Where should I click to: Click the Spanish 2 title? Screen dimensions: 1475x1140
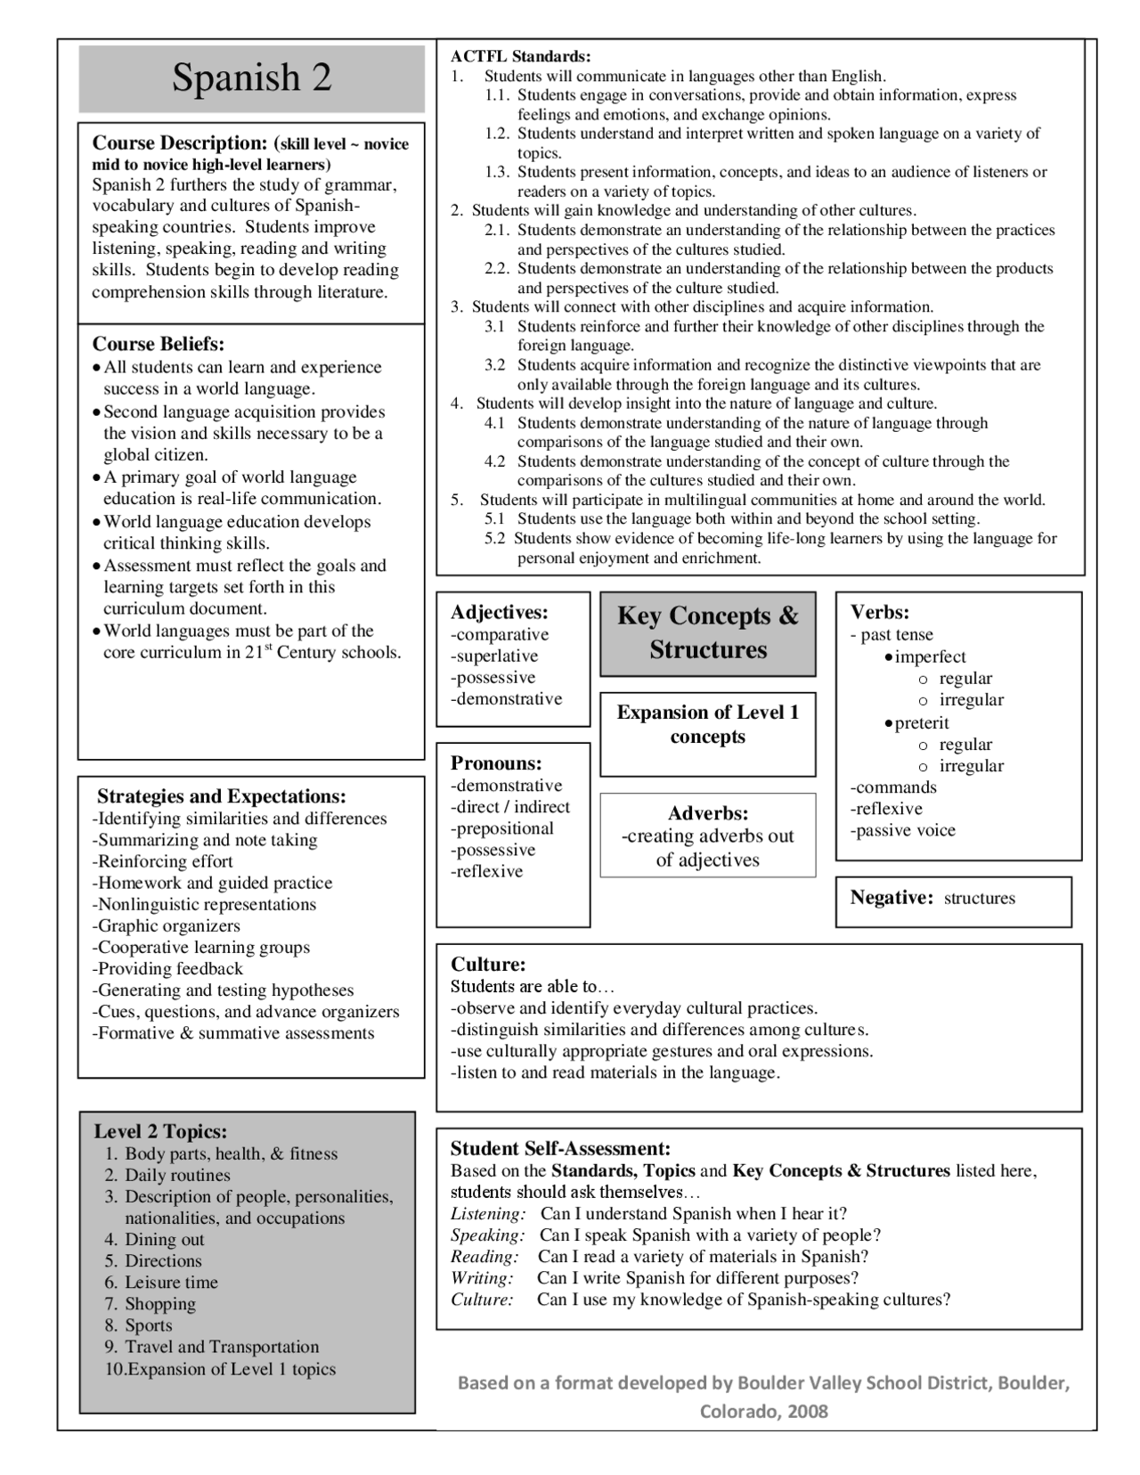(251, 78)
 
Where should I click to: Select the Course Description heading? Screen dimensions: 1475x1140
(179, 143)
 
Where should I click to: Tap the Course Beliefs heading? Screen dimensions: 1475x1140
(159, 344)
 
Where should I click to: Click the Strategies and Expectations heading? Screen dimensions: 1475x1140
(221, 796)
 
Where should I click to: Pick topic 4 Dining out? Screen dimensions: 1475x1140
(164, 1239)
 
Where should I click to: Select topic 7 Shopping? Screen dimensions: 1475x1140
(159, 1303)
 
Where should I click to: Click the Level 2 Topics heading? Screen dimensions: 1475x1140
(160, 1131)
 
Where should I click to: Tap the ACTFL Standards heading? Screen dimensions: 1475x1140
(520, 57)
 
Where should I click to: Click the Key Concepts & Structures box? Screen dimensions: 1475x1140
(707, 632)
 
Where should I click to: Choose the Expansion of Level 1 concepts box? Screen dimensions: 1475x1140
(707, 724)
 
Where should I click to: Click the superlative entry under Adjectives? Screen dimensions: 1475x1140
(495, 656)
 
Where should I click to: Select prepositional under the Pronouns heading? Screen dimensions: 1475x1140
(503, 828)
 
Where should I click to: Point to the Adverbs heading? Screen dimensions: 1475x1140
(707, 813)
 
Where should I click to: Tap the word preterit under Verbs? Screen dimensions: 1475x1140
(921, 722)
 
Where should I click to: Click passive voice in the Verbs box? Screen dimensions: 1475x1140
(903, 830)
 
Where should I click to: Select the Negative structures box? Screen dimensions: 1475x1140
(953, 898)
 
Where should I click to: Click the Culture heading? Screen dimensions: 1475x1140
(488, 964)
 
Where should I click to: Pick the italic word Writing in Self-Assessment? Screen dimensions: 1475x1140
(482, 1277)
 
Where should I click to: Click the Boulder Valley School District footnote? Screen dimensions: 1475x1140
(763, 1396)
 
